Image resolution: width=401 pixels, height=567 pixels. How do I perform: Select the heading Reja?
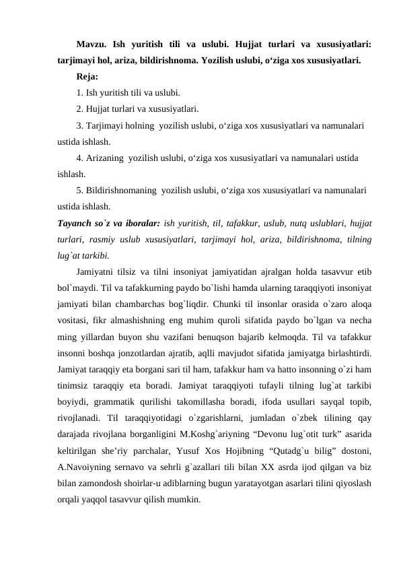[x=87, y=77]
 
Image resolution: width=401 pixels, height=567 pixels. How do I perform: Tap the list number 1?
[x=79, y=93]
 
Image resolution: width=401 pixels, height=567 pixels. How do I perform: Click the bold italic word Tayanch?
[x=74, y=223]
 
